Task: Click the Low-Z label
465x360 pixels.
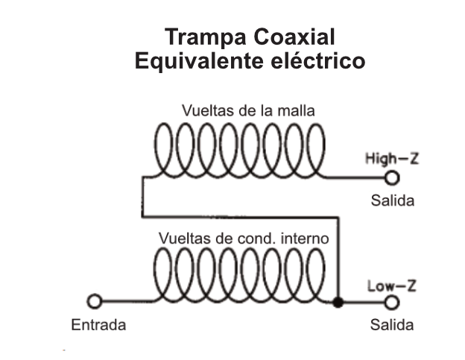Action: [385, 285]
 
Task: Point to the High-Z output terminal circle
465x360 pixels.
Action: [392, 177]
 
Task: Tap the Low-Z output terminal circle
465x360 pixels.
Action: [392, 303]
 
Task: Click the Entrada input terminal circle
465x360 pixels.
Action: [94, 302]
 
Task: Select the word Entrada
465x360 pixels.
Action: [98, 325]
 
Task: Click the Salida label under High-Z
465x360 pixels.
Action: [392, 201]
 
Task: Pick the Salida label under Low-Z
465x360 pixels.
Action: [392, 325]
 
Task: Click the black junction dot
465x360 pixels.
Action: [338, 303]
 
